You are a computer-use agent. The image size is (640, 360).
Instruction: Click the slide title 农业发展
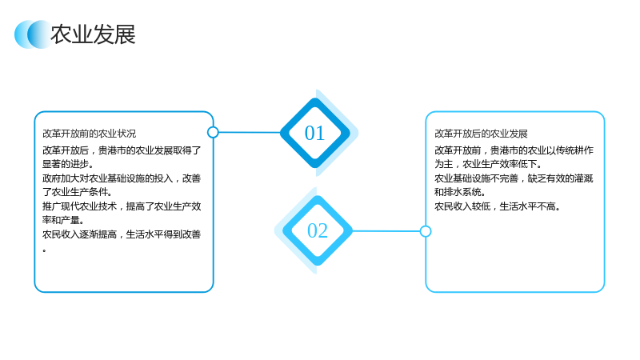93,34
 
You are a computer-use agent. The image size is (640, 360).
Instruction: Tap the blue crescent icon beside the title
33,34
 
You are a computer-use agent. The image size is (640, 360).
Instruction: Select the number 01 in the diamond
314,133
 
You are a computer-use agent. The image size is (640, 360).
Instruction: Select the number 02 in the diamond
318,230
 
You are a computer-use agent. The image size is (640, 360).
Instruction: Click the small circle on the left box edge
213,132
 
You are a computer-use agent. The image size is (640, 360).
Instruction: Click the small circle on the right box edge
426,231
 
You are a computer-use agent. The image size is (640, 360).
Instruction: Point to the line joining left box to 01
250,132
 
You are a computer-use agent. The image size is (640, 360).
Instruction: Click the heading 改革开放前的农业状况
90,134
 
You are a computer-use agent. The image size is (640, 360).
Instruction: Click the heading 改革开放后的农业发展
481,134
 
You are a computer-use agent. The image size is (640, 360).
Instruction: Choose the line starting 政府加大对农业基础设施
122,178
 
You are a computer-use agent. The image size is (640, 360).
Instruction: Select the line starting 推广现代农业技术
122,206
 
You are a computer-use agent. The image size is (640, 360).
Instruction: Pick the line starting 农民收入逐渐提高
122,234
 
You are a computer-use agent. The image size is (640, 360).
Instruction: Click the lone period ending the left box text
44,250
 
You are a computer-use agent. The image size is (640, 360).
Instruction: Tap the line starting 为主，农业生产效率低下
488,164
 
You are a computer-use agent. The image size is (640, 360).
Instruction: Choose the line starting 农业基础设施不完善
514,178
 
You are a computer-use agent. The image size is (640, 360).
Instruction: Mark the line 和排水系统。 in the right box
460,192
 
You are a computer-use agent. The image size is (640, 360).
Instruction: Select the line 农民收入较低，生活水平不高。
497,206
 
